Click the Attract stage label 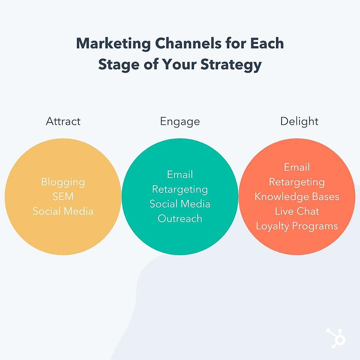(63, 121)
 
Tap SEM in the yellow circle (63, 196)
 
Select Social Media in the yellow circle (63, 211)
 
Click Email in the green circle (180, 174)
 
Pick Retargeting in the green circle (180, 190)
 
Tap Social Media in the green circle (180, 204)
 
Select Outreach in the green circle (180, 218)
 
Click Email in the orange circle (297, 167)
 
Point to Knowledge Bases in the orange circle (297, 197)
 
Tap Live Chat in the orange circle (297, 211)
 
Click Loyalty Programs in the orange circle (297, 226)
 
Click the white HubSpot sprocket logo (336, 338)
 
